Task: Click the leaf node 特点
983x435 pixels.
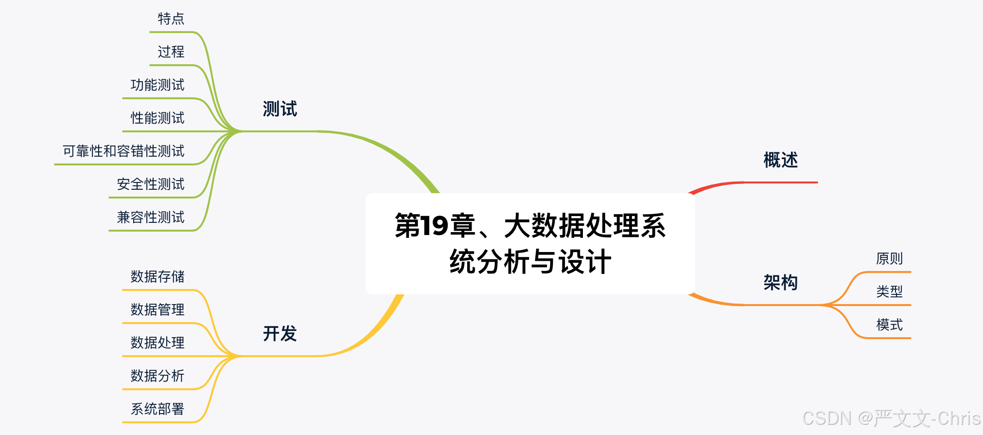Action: (x=171, y=19)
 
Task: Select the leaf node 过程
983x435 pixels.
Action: (x=171, y=52)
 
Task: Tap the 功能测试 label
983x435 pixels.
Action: (x=158, y=85)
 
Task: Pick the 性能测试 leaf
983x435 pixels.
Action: (x=158, y=118)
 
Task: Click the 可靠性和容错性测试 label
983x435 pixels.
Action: (x=123, y=151)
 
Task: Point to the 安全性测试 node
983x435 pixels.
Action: (x=151, y=184)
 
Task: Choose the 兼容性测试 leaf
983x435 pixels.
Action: (x=151, y=217)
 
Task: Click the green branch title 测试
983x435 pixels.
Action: (x=280, y=109)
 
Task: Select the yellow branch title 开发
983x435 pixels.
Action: (x=280, y=334)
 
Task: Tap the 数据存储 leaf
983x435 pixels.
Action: (x=158, y=276)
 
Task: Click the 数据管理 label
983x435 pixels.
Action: (x=158, y=309)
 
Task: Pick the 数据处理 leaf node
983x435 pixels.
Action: (x=158, y=343)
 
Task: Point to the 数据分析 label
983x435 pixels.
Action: (x=158, y=376)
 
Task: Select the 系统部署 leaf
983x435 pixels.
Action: (x=158, y=409)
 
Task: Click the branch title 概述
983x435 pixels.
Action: (x=780, y=160)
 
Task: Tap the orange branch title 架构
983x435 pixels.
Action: (x=780, y=283)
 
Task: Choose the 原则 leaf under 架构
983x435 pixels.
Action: (x=889, y=258)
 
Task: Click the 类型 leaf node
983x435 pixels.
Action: (x=889, y=291)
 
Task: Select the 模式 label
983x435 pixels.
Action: (x=889, y=325)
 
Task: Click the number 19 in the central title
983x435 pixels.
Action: (x=434, y=226)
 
